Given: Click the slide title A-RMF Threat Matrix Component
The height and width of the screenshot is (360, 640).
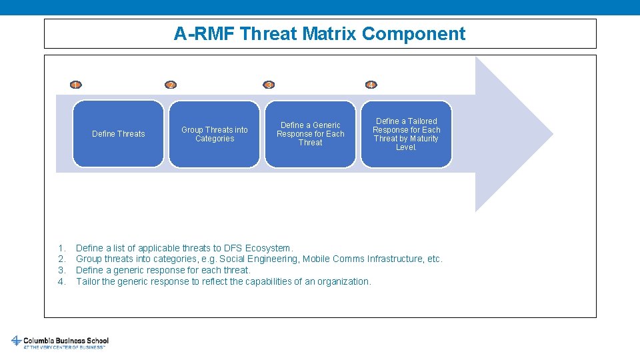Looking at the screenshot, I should (x=319, y=33).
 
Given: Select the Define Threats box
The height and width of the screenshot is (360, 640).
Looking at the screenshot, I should (x=118, y=134).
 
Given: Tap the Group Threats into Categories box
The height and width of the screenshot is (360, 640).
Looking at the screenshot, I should (x=214, y=134).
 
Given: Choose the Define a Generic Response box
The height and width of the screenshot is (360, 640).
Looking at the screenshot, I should (x=310, y=134).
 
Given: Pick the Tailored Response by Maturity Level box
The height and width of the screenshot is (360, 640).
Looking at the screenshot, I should (x=406, y=134).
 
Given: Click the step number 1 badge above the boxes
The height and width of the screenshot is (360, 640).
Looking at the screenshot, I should (x=76, y=85).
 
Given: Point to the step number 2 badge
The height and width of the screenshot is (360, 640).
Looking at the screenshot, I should (x=171, y=85).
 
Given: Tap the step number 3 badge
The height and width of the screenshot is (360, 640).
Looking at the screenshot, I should (x=269, y=85).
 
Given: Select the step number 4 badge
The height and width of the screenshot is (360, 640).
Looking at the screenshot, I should (x=371, y=85).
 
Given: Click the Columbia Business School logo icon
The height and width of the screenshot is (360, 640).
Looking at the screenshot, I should (x=16, y=341).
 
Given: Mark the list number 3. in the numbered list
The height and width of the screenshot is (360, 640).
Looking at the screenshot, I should (x=61, y=270).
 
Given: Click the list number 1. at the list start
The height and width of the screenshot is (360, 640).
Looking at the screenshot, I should (x=61, y=248).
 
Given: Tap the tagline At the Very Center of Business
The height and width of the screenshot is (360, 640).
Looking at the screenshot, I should (x=64, y=347).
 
